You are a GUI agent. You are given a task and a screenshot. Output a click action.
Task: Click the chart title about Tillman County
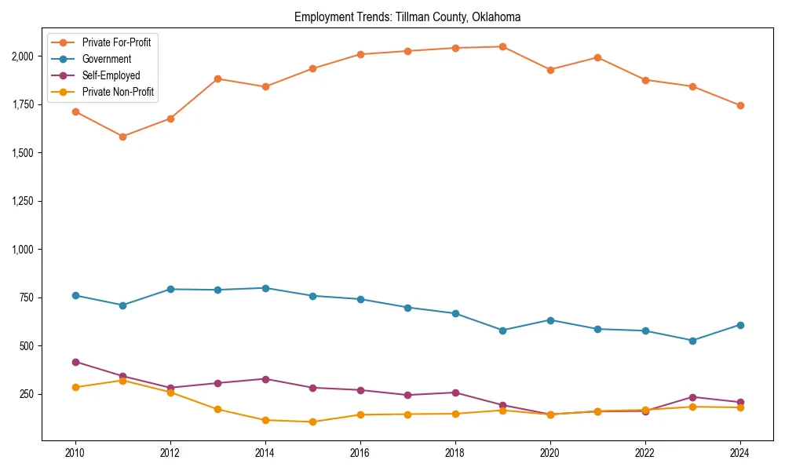tap(407, 16)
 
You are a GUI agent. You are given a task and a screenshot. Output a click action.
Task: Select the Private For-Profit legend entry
tap(116, 42)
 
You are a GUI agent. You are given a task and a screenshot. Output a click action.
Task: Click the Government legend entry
tap(106, 59)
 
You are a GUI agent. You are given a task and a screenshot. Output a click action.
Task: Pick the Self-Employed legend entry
tap(111, 75)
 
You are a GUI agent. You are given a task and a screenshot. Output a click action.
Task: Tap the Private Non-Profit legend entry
tap(118, 92)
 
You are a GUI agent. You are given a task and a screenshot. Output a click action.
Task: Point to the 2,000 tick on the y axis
tap(22, 57)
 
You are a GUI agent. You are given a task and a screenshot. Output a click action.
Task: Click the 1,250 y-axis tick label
tap(22, 201)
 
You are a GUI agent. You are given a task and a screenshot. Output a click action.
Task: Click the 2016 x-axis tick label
tap(360, 453)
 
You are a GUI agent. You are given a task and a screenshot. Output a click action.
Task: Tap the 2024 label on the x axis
tap(739, 453)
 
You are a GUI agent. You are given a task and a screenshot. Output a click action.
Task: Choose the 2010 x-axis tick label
tap(75, 453)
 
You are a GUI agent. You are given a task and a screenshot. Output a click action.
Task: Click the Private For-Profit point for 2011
tap(122, 137)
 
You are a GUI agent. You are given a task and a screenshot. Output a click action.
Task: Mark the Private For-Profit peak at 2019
tap(502, 46)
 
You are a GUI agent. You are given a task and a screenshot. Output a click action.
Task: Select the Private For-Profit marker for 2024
tap(739, 105)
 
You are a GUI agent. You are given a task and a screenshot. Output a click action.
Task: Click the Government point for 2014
tap(265, 288)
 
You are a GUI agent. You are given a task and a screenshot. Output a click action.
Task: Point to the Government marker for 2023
tap(692, 341)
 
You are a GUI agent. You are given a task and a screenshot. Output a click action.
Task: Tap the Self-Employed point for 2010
tap(75, 362)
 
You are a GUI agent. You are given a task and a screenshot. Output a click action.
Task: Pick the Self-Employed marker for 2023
tap(692, 397)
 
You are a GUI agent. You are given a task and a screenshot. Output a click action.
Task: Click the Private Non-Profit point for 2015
tap(312, 422)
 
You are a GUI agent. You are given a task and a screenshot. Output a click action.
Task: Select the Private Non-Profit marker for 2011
tap(122, 381)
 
